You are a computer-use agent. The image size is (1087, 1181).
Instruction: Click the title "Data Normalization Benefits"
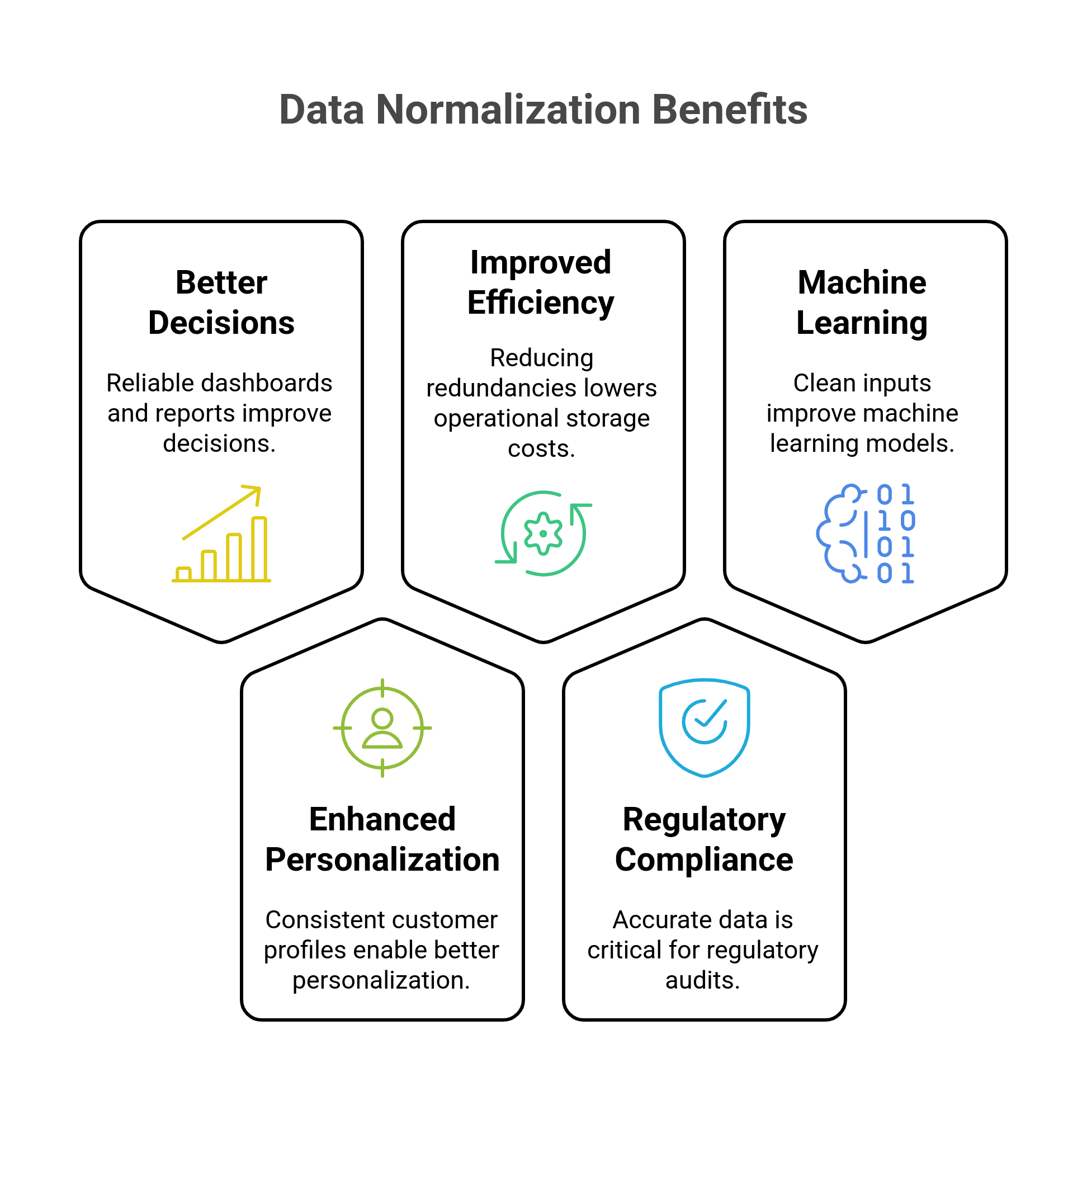coord(543,110)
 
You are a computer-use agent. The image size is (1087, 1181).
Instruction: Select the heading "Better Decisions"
coord(221,303)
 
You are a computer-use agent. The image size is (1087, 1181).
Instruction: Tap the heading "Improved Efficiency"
coord(541,282)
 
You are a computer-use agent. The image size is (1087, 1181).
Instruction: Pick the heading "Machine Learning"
coord(862,303)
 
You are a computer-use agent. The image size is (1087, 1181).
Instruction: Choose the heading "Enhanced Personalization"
coord(382,839)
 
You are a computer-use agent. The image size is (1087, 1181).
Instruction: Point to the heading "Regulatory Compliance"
coord(704,839)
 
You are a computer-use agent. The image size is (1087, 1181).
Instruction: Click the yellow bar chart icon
coord(222,533)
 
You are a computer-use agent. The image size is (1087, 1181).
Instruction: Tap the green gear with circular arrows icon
coord(543,533)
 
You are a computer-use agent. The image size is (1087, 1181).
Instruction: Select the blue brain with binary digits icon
coord(865,533)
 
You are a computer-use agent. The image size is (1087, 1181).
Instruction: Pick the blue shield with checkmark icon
coord(704,728)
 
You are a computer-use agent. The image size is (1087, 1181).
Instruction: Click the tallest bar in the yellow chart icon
coord(259,549)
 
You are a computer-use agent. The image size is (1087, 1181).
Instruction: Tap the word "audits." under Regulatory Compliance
coord(703,980)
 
